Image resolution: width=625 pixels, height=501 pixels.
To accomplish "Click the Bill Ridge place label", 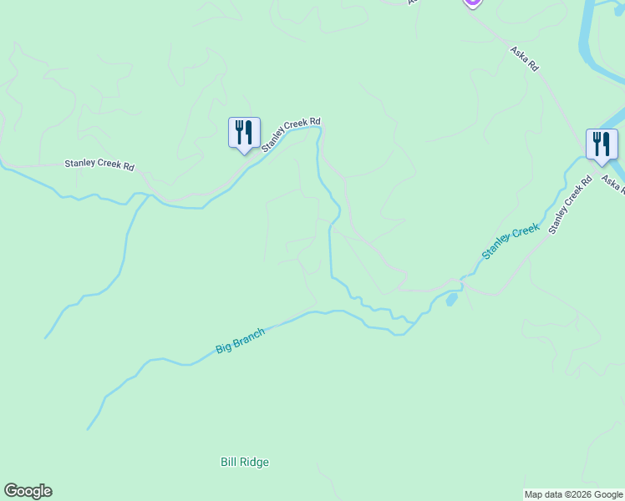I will [x=245, y=462].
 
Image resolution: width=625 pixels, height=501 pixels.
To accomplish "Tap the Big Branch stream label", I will [x=240, y=341].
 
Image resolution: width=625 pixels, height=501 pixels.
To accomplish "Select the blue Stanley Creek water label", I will [x=511, y=242].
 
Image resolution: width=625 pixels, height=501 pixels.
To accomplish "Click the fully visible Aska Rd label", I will [x=525, y=59].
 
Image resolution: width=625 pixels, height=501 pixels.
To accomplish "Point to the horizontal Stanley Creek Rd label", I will [x=99, y=165].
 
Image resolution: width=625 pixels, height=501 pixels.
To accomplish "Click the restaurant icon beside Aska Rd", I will [x=602, y=144].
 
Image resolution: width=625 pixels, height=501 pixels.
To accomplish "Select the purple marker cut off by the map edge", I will [x=472, y=3].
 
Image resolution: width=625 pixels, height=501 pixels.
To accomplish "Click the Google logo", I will [x=28, y=491].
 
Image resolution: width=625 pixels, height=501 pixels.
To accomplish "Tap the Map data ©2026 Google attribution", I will [x=573, y=494].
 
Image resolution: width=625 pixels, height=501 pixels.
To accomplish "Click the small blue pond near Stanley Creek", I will [x=451, y=298].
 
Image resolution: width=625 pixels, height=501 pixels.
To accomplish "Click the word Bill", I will [x=230, y=462].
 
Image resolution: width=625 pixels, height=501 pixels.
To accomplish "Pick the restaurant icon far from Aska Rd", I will [x=244, y=132].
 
